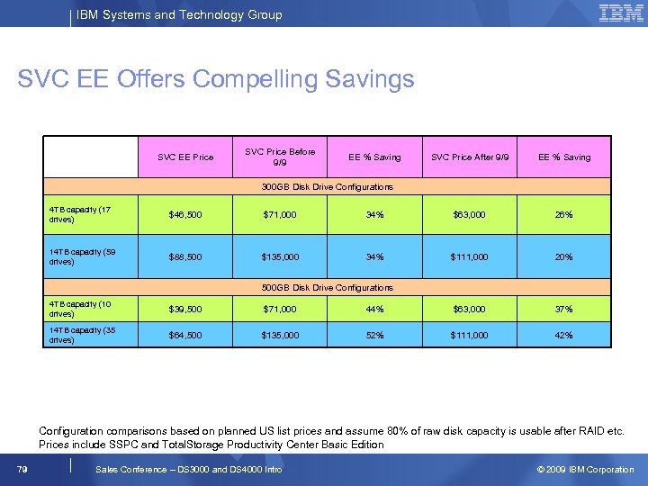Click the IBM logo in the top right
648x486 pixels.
click(x=621, y=13)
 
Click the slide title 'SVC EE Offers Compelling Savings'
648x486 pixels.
click(x=216, y=79)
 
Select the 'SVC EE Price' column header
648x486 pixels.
click(x=185, y=157)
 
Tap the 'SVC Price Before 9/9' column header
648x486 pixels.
click(x=280, y=157)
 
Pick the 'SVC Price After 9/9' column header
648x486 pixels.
click(x=470, y=157)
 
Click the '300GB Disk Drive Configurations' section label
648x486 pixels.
click(x=327, y=187)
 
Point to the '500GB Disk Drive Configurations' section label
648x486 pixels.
click(x=327, y=288)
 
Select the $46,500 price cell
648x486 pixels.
click(x=185, y=215)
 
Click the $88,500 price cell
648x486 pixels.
click(x=185, y=257)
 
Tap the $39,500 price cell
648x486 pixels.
click(x=185, y=310)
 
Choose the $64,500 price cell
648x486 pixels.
click(x=185, y=336)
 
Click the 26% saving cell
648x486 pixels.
click(x=563, y=215)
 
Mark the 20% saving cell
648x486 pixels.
click(x=563, y=257)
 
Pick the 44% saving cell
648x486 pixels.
click(x=374, y=310)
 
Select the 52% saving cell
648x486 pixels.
click(x=374, y=336)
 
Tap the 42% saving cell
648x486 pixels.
click(x=563, y=336)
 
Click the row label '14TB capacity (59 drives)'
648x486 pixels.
click(x=89, y=257)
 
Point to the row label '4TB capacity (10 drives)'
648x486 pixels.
click(x=89, y=309)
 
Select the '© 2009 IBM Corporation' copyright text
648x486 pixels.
click(x=585, y=469)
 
